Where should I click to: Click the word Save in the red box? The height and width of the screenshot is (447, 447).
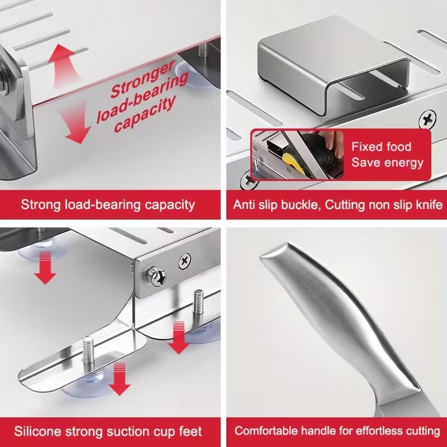(x=364, y=163)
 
